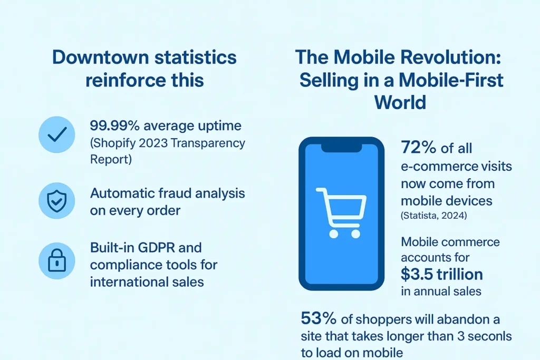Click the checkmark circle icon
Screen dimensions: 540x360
(57, 134)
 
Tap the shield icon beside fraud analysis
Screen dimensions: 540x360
(57, 201)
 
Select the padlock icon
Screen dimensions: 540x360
(57, 261)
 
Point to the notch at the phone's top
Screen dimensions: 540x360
(342, 148)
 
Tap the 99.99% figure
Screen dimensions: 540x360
(114, 125)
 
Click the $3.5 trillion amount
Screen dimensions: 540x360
(442, 274)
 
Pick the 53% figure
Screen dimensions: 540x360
(319, 318)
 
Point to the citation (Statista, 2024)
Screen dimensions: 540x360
(434, 216)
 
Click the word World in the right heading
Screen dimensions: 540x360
(400, 102)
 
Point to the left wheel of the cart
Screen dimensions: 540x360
(333, 234)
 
